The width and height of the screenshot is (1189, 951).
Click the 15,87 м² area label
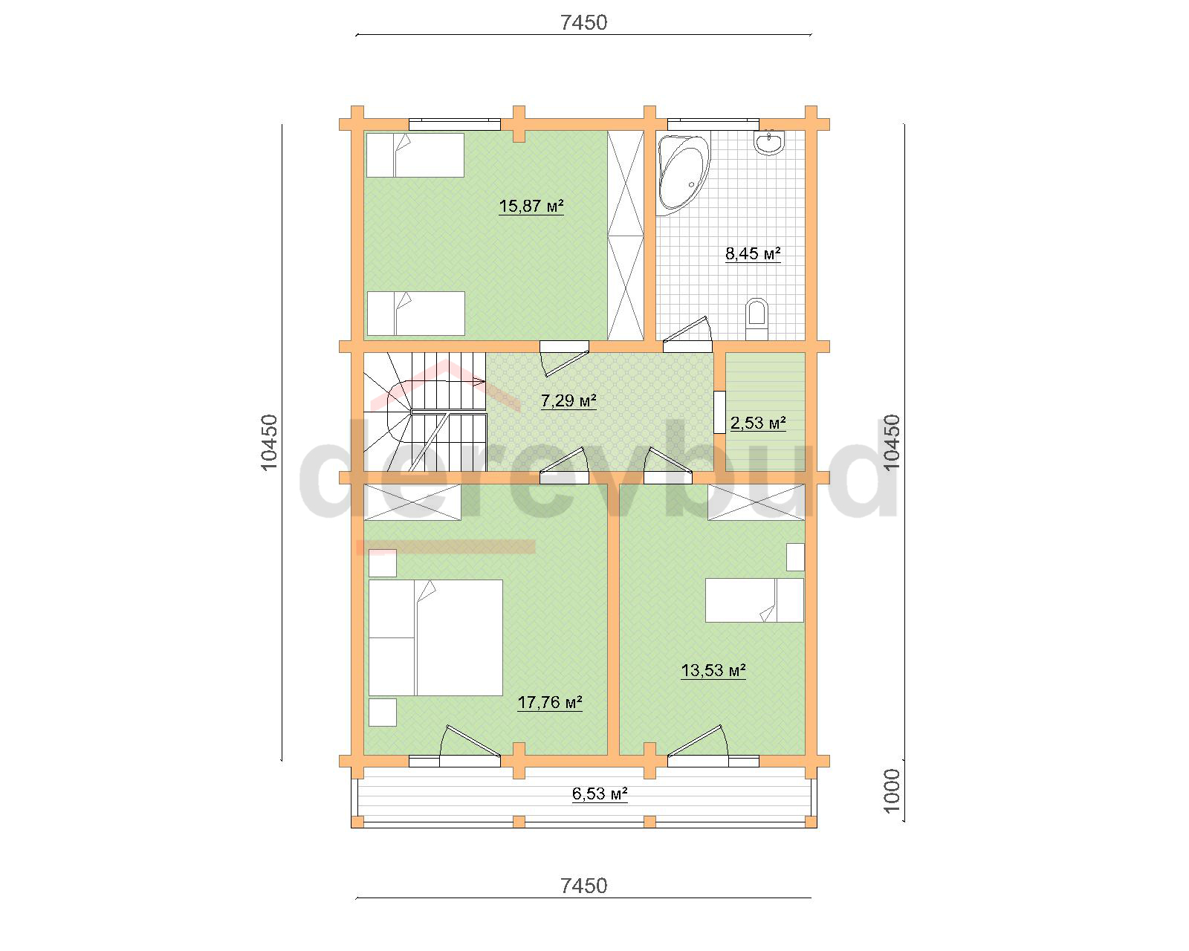531,206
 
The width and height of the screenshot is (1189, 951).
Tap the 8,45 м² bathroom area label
753,253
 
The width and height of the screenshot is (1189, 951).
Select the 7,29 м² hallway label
568,400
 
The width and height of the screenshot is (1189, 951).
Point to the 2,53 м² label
758,423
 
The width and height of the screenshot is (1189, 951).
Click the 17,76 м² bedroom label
550,702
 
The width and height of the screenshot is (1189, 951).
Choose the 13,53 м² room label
713,671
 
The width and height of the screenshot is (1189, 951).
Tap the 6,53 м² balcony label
600,794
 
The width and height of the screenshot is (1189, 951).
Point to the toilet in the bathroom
757,319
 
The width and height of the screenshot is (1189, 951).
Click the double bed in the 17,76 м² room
435,637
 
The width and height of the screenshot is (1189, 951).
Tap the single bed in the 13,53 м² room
754,600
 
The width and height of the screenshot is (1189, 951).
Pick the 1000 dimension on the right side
891,791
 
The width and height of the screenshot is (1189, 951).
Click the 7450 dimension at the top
583,22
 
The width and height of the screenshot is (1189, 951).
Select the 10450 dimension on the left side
268,443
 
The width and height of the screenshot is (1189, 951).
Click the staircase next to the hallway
424,412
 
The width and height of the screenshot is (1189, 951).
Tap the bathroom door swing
687,332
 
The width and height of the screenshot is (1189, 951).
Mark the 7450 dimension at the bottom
583,886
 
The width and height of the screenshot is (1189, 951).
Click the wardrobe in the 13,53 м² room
756,502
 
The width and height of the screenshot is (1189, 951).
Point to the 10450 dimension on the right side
891,443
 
